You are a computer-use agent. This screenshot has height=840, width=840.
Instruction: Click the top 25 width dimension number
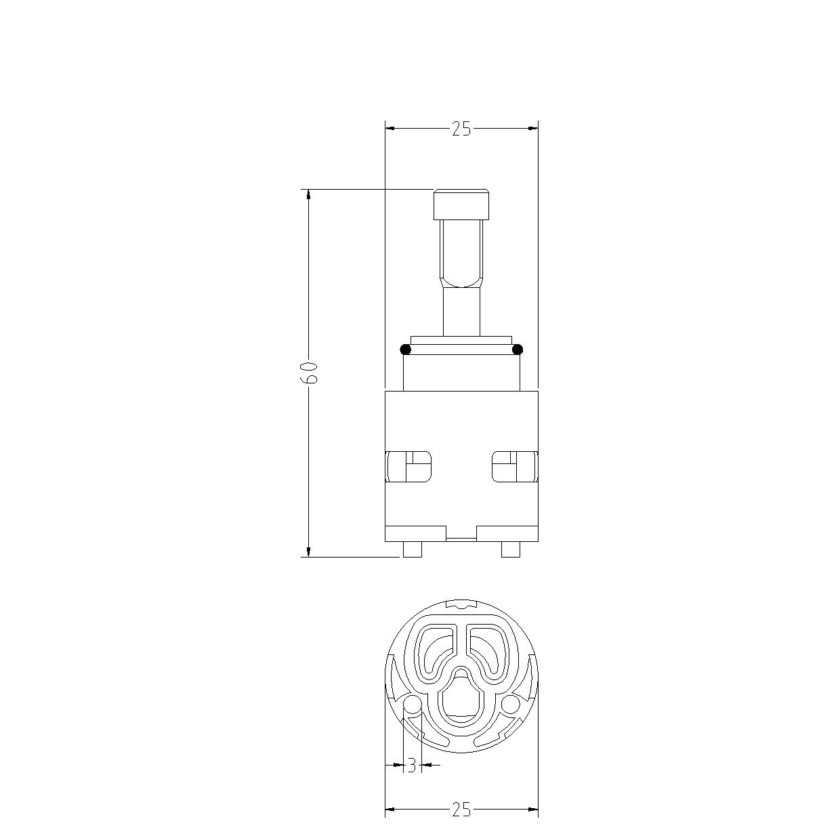461,129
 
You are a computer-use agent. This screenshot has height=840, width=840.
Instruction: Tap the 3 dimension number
411,765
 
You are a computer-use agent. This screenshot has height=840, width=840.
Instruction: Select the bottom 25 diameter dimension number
461,810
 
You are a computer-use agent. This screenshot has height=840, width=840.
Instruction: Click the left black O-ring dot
406,349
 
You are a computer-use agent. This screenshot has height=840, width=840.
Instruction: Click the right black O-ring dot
518,349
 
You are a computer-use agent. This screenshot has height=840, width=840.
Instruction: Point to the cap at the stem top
461,204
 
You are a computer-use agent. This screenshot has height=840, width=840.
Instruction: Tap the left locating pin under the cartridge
413,549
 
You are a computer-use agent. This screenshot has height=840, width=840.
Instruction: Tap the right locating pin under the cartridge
511,549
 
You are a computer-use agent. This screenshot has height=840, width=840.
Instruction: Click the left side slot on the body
408,467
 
